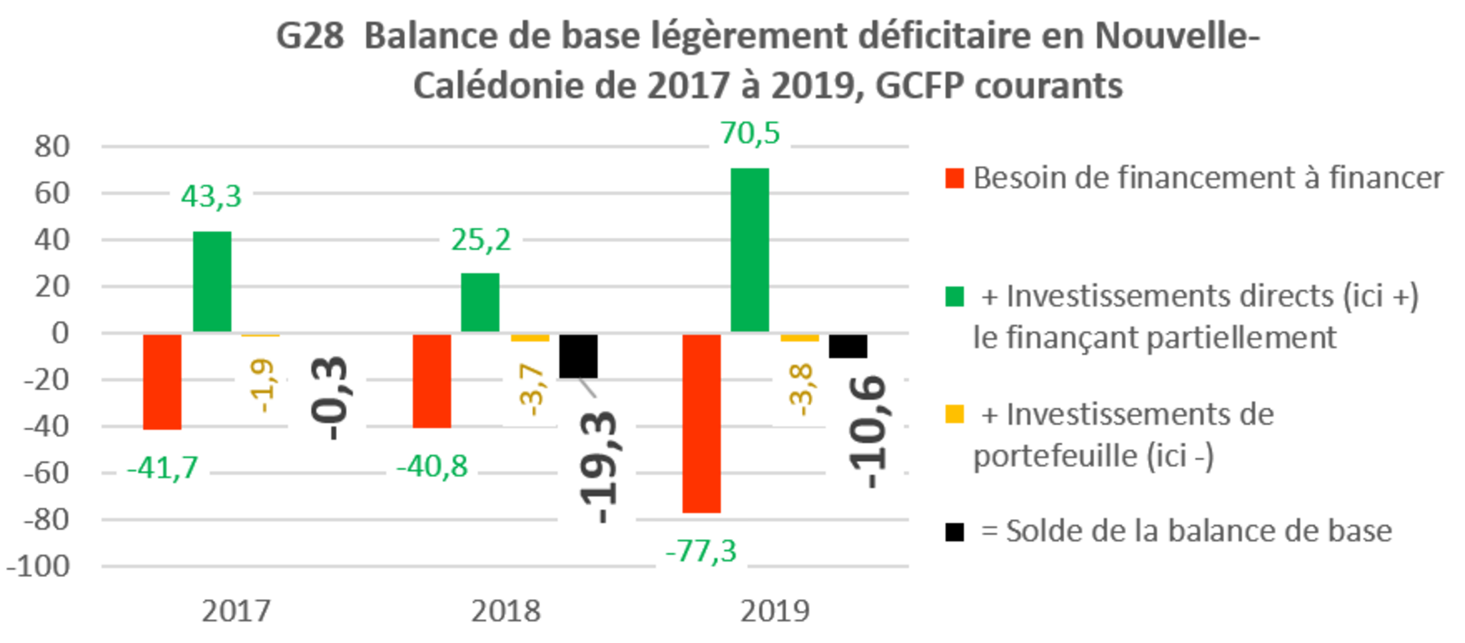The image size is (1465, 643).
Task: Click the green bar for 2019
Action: click(x=750, y=249)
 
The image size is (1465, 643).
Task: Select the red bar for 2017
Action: click(x=162, y=382)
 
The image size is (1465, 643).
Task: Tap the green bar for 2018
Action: click(x=480, y=301)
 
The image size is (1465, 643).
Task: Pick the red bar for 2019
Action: click(x=701, y=424)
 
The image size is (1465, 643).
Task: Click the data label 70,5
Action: click(x=749, y=133)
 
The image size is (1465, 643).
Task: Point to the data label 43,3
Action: click(x=211, y=196)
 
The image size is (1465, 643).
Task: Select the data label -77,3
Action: click(x=701, y=551)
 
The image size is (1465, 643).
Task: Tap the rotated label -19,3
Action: click(x=597, y=466)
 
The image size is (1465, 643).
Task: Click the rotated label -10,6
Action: click(x=865, y=432)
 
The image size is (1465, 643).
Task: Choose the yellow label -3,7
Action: click(x=529, y=389)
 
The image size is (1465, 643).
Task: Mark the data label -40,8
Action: click(x=432, y=466)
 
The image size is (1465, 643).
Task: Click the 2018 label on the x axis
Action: click(x=505, y=610)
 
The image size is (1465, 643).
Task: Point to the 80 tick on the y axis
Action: click(x=52, y=146)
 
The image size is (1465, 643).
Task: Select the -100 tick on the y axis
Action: click(x=39, y=566)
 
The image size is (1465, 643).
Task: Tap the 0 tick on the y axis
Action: click(x=59, y=332)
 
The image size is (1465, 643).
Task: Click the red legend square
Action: click(x=954, y=178)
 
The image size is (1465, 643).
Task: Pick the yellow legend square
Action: click(x=954, y=414)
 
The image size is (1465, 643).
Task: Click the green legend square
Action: click(x=954, y=297)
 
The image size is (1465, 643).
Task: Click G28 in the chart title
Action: click(x=310, y=36)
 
